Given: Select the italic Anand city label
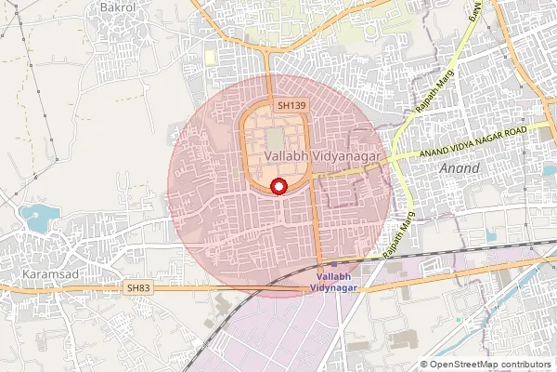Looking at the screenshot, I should pyautogui.click(x=461, y=169).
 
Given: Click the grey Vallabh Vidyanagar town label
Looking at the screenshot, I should pyautogui.click(x=322, y=157).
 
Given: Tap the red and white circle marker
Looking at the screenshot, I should pyautogui.click(x=277, y=187).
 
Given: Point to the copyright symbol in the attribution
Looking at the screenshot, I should pyautogui.click(x=423, y=365).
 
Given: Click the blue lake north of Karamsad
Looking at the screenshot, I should pyautogui.click(x=37, y=219).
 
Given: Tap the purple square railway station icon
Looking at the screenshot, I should pyautogui.click(x=334, y=263).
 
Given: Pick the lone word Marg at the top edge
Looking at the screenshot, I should pyautogui.click(x=474, y=13).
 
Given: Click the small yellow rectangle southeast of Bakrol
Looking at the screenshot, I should pyautogui.click(x=209, y=58).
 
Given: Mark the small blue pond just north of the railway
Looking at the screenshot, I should pyautogui.click(x=490, y=235).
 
